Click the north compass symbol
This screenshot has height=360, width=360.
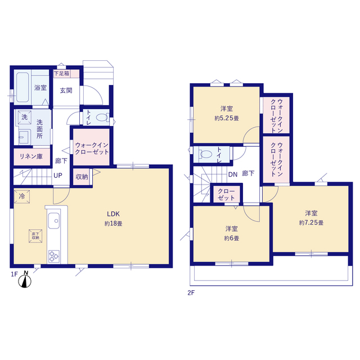pyautogui.click(x=25, y=280)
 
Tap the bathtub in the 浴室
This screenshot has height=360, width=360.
pyautogui.click(x=22, y=87)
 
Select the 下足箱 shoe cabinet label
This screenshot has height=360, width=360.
pyautogui.click(x=61, y=74)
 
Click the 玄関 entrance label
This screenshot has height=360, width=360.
pyautogui.click(x=66, y=91)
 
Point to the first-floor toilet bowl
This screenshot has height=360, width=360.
pyautogui.click(x=102, y=118)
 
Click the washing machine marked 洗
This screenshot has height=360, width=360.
pyautogui.click(x=24, y=118)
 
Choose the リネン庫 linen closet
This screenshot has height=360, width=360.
pyautogui.click(x=31, y=157)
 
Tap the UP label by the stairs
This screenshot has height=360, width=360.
pyautogui.click(x=58, y=175)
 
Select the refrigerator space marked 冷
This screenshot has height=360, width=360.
pyautogui.click(x=22, y=196)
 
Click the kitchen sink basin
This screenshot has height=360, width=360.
pyautogui.click(x=54, y=220)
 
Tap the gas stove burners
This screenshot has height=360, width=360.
pyautogui.click(x=54, y=256)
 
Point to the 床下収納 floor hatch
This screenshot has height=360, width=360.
pyautogui.click(x=35, y=236)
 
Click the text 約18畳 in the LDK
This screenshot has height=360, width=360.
pyautogui.click(x=114, y=224)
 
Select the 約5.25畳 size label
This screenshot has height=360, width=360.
pyautogui.click(x=227, y=118)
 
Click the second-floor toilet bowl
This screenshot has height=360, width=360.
pyautogui.click(x=206, y=154)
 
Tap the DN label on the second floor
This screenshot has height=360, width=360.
pyautogui.click(x=233, y=174)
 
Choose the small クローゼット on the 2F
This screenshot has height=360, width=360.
pyautogui.click(x=227, y=194)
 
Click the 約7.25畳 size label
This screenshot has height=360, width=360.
pyautogui.click(x=311, y=223)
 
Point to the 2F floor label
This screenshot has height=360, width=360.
pyautogui.click(x=191, y=293)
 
